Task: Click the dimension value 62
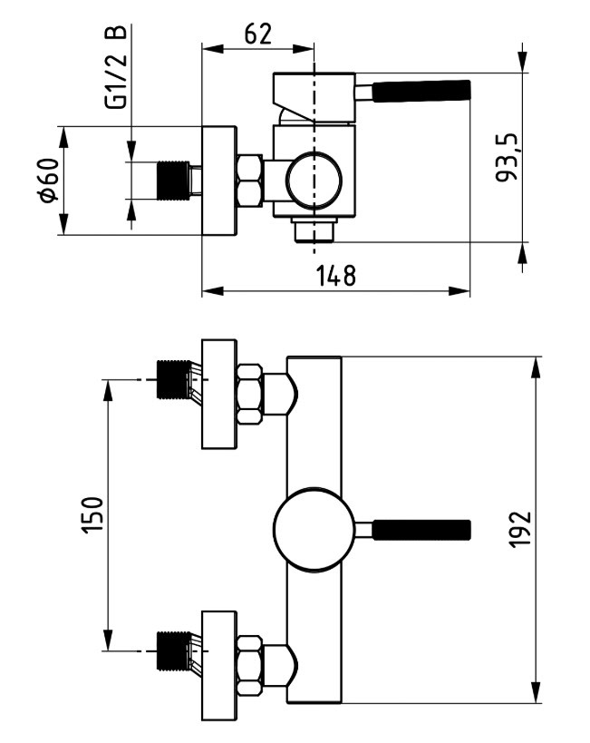258,34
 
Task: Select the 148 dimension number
335,276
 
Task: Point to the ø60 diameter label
50,181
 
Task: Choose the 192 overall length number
520,529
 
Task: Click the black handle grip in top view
422,91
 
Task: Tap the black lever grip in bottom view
422,530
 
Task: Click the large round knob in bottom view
314,529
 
